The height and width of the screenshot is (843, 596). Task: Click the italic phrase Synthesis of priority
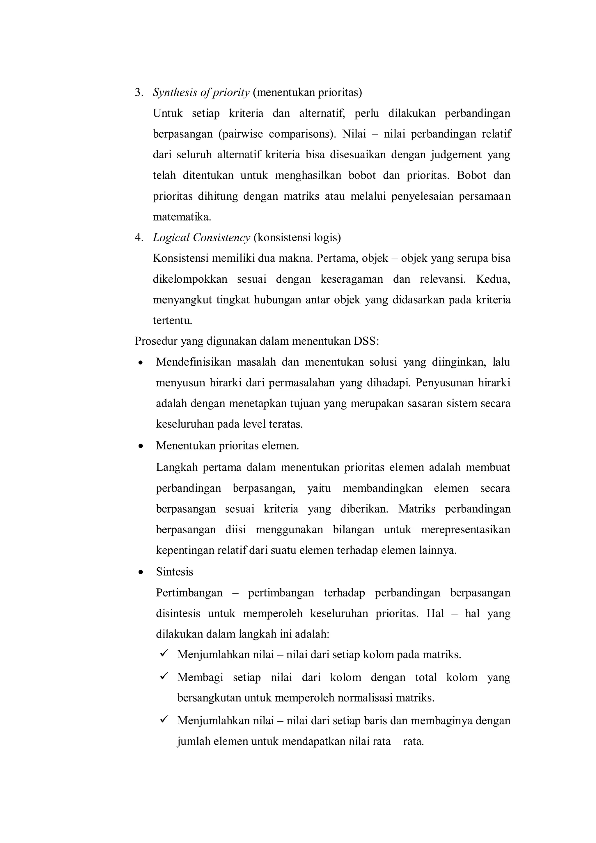point(201,93)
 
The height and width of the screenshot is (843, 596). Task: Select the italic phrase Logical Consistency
point(201,238)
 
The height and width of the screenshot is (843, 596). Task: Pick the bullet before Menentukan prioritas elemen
point(140,447)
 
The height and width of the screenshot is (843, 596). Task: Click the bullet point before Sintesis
point(140,572)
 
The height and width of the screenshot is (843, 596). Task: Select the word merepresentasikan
point(465,530)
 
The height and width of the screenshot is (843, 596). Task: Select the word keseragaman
point(351,279)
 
